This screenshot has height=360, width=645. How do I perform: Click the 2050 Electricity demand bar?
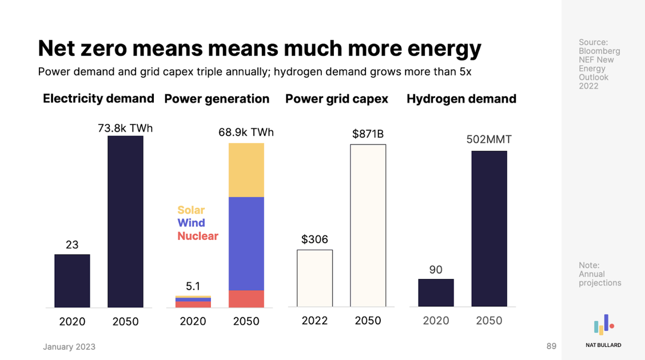(x=125, y=222)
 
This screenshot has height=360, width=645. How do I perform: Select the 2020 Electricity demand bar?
(x=72, y=281)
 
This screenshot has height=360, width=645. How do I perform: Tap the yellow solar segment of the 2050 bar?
(x=246, y=170)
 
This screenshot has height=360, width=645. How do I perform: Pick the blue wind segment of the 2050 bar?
(x=246, y=243)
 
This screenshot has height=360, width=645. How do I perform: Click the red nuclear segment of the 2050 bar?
(x=246, y=299)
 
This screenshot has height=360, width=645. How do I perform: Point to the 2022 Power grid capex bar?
(x=314, y=278)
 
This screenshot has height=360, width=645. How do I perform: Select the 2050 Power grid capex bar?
(x=368, y=226)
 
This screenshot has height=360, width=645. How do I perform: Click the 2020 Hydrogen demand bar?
(x=436, y=293)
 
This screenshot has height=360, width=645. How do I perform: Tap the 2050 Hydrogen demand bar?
(x=489, y=229)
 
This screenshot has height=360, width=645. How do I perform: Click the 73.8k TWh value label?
(x=125, y=128)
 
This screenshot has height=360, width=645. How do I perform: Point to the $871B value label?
(x=368, y=134)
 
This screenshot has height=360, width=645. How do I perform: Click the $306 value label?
(x=314, y=239)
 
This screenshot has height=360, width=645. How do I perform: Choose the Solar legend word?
(x=191, y=210)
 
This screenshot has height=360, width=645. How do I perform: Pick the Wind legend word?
(x=191, y=223)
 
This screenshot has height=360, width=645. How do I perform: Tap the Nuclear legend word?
(x=198, y=236)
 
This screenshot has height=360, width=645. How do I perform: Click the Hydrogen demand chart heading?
(x=461, y=99)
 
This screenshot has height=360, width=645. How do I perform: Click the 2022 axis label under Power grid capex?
(x=314, y=321)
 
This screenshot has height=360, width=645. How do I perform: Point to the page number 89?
(x=551, y=346)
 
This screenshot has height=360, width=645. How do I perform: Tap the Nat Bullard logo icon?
(x=603, y=325)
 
